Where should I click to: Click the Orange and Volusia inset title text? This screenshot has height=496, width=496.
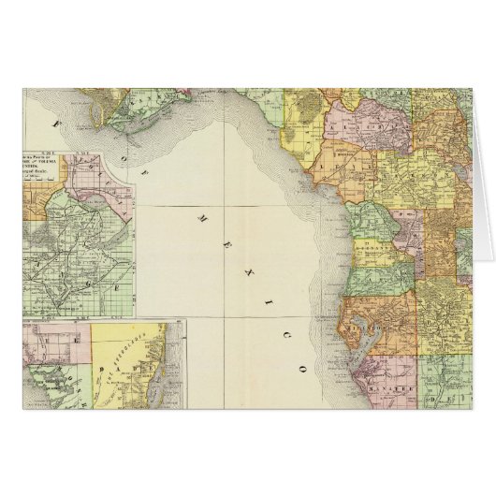click(51, 158)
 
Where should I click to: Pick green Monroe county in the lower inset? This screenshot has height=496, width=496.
click(84, 393)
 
